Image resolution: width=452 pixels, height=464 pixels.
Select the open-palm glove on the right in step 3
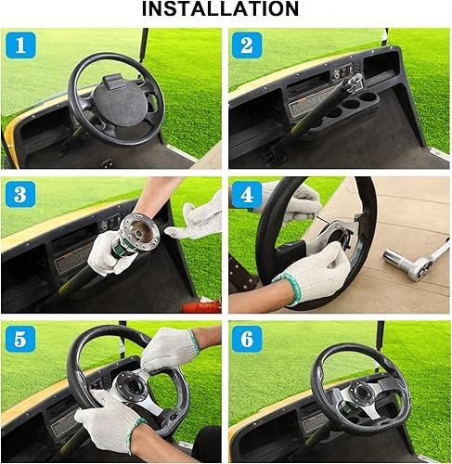click(199, 216)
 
